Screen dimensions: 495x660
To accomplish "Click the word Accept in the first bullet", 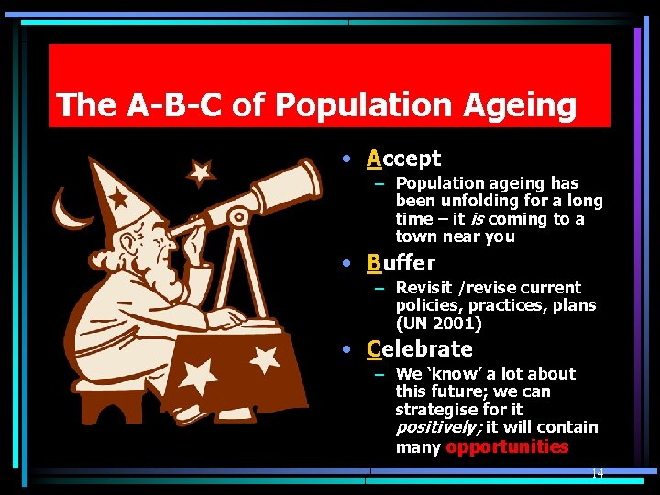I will pyautogui.click(x=403, y=159).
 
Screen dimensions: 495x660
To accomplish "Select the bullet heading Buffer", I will pyautogui.click(x=401, y=263).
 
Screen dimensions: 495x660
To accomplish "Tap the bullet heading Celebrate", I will pyautogui.click(x=419, y=349).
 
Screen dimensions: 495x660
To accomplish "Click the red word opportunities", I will pyautogui.click(x=506, y=447).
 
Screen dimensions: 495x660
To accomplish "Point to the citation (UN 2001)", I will pyautogui.click(x=438, y=323).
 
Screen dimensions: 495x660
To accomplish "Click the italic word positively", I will pyautogui.click(x=437, y=427).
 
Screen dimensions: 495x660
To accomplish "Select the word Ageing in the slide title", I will pyautogui.click(x=519, y=105).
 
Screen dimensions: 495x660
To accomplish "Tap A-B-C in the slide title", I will pyautogui.click(x=175, y=105).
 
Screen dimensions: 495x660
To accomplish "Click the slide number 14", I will pyautogui.click(x=597, y=474).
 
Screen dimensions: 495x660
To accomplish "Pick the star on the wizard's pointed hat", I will pyautogui.click(x=118, y=197).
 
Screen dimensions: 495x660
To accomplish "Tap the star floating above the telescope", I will pyautogui.click(x=199, y=171).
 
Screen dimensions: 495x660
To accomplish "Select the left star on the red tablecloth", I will pyautogui.click(x=199, y=375).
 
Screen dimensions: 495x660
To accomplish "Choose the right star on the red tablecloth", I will pyautogui.click(x=265, y=359).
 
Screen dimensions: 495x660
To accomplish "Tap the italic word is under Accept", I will pyautogui.click(x=476, y=219).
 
